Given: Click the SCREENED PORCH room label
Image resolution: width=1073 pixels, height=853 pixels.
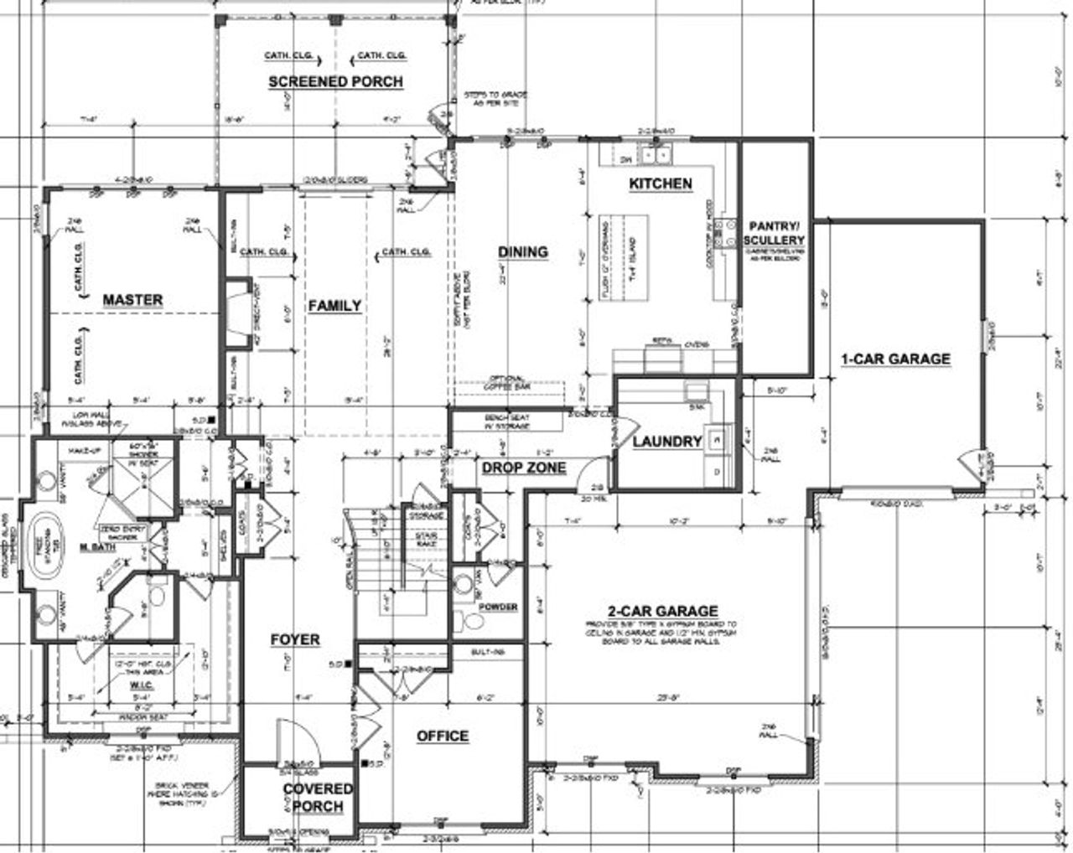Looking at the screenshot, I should point(335,81).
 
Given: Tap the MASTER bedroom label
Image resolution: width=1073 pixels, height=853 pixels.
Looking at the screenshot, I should point(132,299).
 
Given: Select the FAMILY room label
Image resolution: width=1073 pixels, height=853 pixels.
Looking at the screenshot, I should point(334,306).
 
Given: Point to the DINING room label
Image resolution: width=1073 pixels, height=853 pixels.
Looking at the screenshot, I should point(523,251).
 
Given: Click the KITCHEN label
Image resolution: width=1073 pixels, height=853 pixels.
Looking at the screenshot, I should point(661,184).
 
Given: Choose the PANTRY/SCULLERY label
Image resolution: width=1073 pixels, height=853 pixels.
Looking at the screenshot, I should point(775,233).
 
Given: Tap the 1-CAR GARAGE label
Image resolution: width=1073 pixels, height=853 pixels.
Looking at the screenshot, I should point(895,359).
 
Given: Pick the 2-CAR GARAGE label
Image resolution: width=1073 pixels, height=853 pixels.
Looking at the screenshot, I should point(662,611).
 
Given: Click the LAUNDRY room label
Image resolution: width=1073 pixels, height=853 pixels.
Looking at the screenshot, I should point(667,442).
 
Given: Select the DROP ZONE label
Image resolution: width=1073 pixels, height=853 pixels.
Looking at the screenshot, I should point(523,468).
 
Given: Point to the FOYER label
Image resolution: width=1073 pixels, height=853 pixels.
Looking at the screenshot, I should point(295,639).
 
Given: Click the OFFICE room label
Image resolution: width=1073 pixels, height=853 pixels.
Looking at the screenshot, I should point(443,736).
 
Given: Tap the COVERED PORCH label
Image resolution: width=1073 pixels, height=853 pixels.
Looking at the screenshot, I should point(318,798).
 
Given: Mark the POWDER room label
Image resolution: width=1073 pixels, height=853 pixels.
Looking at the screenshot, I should point(498,607).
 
